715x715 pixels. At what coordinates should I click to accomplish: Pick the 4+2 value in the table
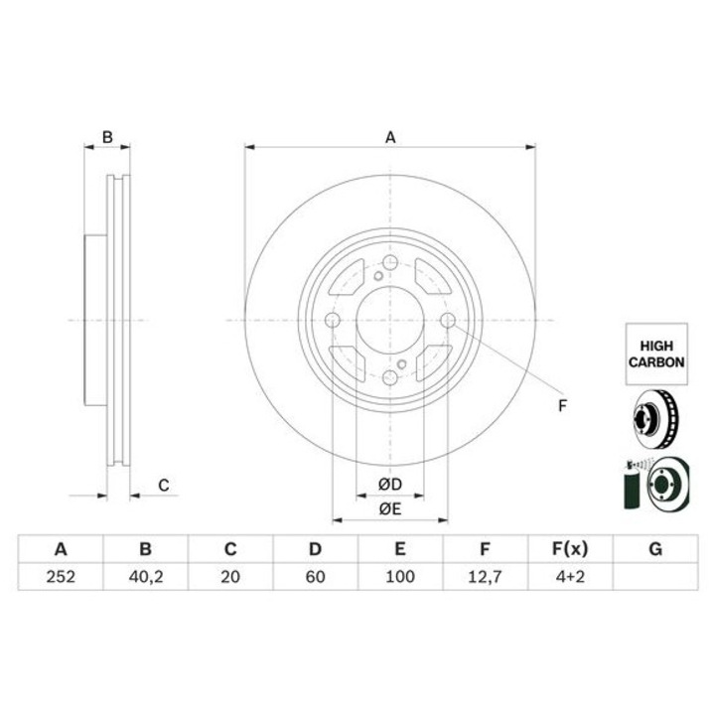point(569,575)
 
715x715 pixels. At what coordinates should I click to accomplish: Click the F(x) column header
point(569,549)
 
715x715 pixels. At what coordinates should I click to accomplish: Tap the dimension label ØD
point(389,485)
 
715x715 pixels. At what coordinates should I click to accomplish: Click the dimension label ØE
point(389,509)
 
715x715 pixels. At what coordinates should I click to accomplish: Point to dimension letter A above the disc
point(390,137)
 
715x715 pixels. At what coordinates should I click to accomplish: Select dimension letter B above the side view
point(108,137)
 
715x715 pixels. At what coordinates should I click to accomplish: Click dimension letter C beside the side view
point(164,485)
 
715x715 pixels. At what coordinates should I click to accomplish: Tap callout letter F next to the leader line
point(561,404)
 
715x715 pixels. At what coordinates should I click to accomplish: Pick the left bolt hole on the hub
point(333,320)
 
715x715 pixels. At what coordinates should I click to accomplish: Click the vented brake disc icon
point(655,418)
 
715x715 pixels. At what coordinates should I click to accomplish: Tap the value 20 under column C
point(229,575)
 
